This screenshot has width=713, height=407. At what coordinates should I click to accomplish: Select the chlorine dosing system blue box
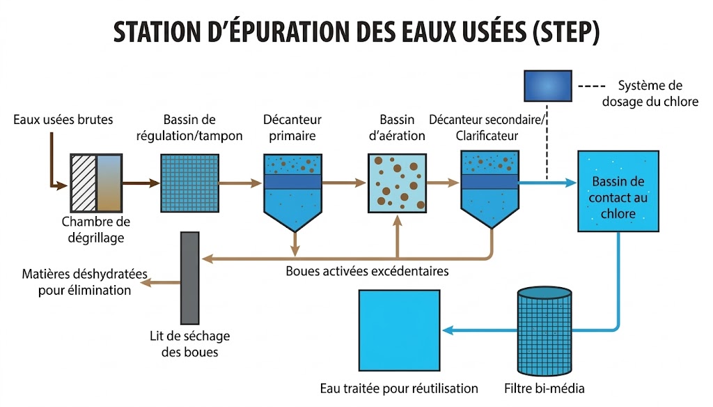point(548,86)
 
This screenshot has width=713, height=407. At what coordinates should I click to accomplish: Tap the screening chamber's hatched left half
point(84,183)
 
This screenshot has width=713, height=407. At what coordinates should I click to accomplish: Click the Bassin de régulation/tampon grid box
point(189,183)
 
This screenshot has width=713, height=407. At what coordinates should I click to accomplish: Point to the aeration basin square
point(397,183)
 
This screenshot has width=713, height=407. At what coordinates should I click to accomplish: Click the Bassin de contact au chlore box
point(618,191)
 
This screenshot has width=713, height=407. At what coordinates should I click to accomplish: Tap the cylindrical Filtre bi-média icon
point(544,331)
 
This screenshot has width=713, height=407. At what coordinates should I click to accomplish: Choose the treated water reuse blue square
point(399,330)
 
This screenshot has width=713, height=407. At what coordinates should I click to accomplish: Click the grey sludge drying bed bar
point(189,278)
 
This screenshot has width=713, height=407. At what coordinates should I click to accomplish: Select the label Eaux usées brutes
point(63,120)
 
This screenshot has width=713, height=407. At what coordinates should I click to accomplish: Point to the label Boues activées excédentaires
point(367,271)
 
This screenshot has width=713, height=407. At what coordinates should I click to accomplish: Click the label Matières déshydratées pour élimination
point(84,282)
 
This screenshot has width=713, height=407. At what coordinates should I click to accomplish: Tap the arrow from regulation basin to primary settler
point(240,183)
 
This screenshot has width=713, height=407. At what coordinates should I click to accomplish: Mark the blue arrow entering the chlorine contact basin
point(548,183)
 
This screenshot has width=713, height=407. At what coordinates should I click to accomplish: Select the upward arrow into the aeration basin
point(398,237)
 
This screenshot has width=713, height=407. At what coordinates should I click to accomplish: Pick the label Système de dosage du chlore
point(650,93)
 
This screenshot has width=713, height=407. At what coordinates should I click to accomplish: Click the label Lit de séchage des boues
point(190,344)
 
